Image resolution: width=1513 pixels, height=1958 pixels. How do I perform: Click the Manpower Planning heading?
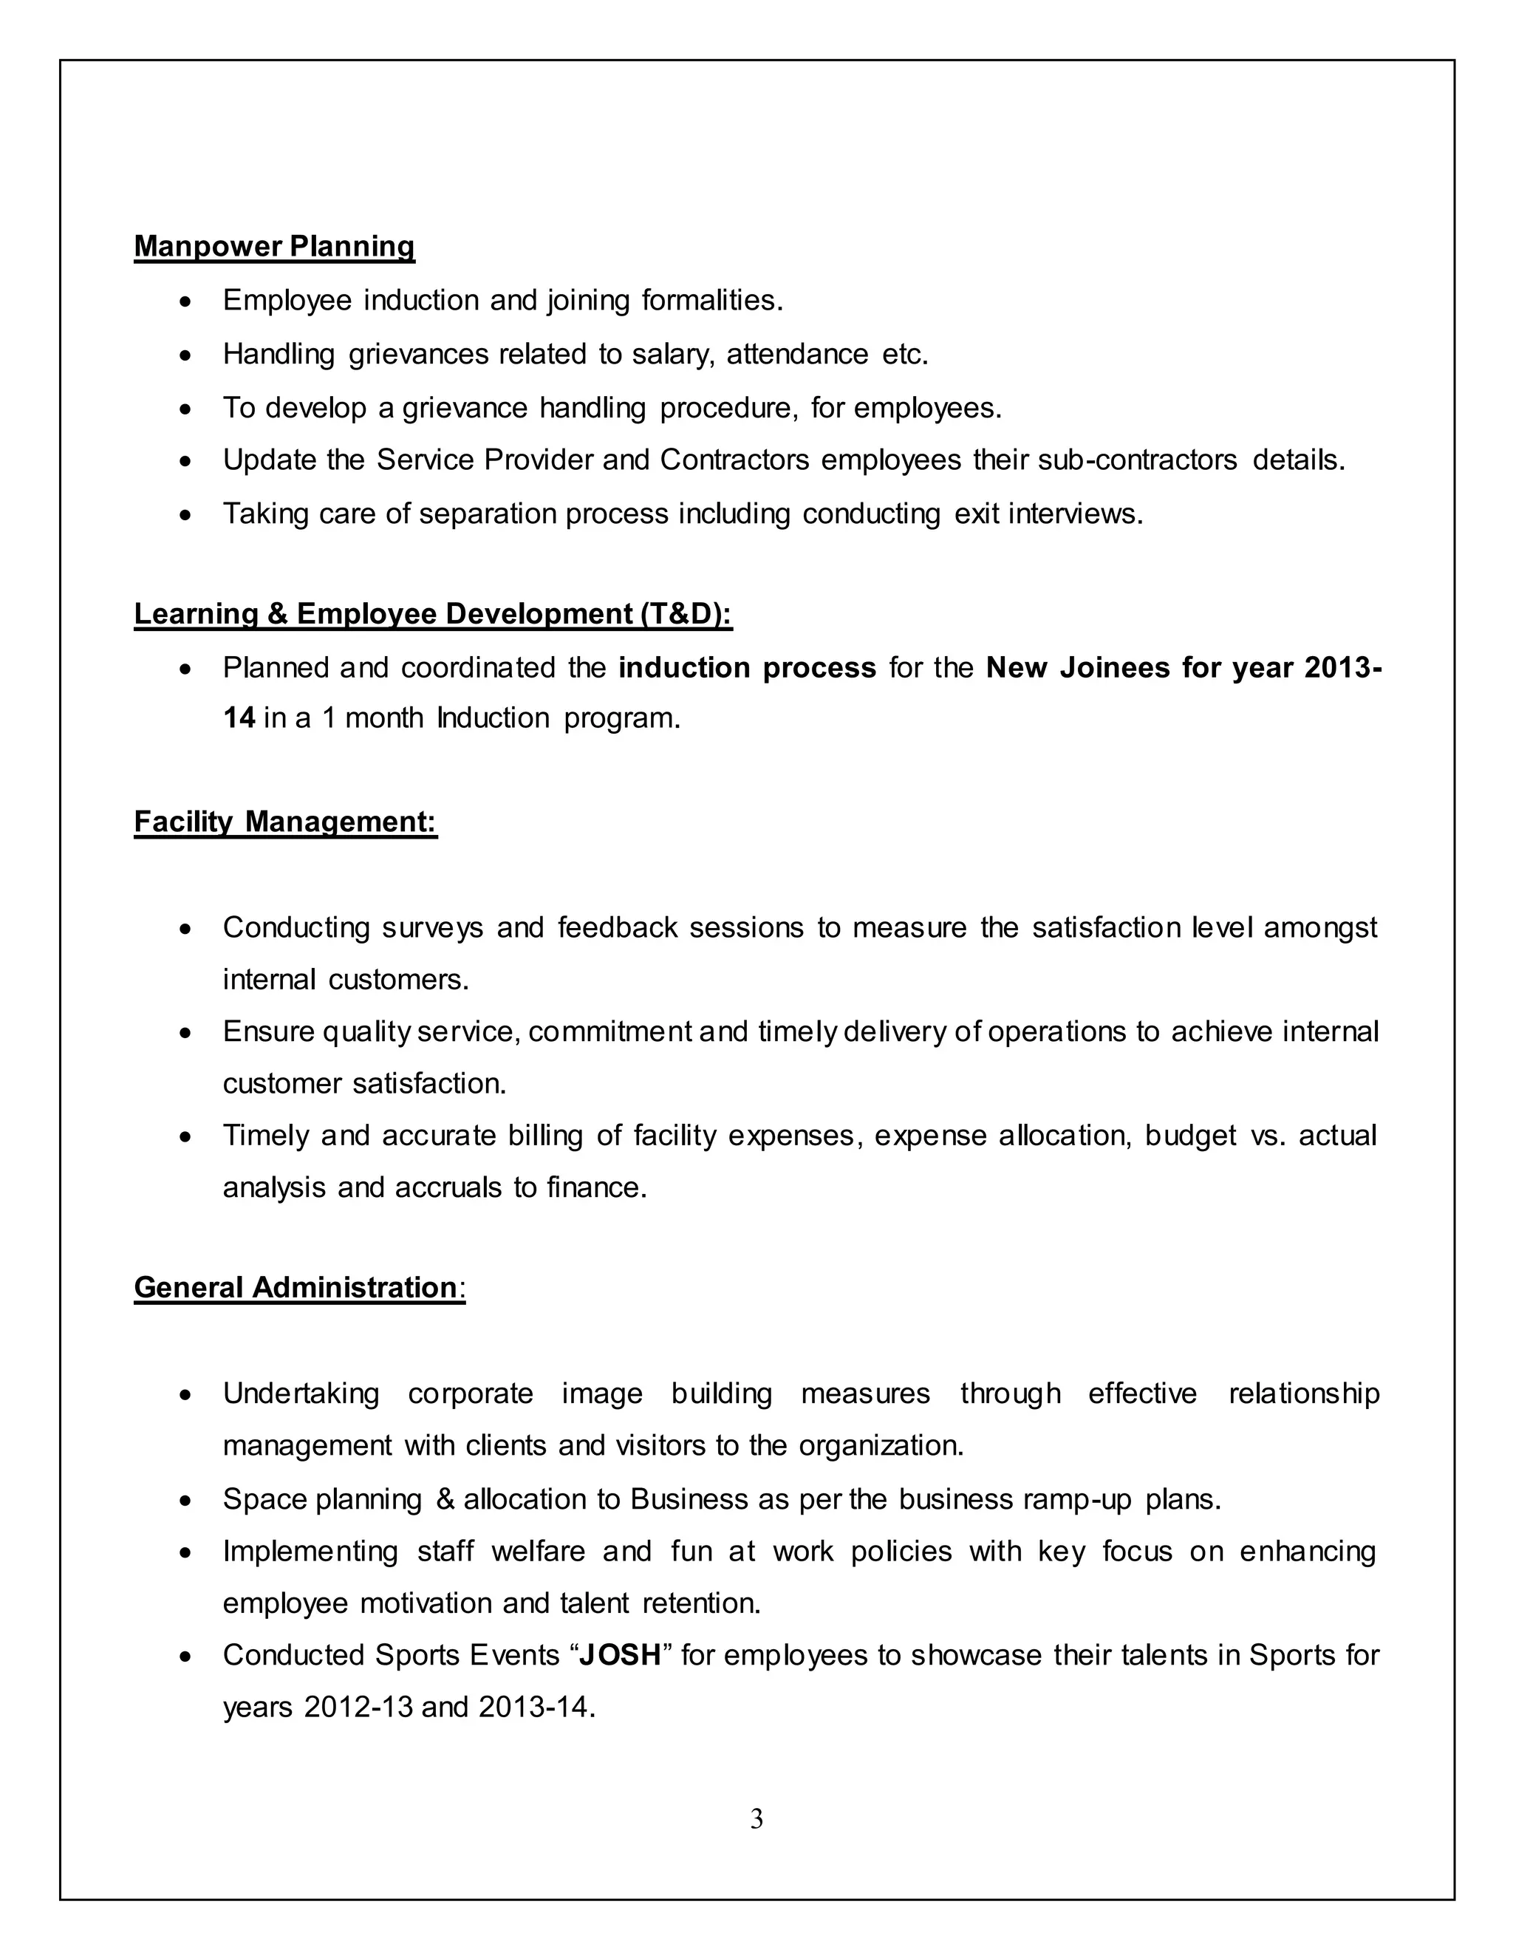[x=274, y=247]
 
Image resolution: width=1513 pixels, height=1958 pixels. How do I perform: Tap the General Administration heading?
[x=296, y=1287]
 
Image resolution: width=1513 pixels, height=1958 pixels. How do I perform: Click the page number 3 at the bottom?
[x=756, y=1818]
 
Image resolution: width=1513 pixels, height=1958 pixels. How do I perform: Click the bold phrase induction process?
[x=747, y=668]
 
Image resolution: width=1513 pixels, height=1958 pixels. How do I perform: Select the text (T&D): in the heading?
[x=686, y=614]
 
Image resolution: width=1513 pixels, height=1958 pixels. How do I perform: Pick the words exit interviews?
[x=1048, y=514]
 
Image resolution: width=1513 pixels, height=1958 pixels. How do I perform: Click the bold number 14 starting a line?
[x=239, y=718]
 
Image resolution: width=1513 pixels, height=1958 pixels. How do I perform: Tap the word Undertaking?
[x=301, y=1394]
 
